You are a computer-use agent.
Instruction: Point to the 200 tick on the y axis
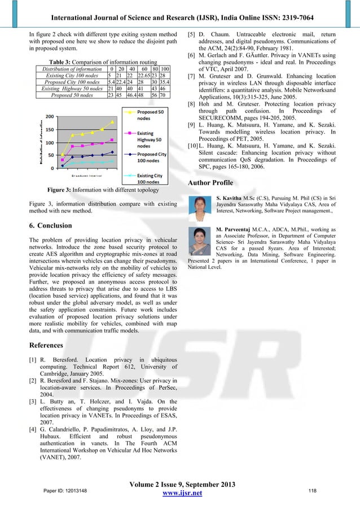[x=50, y=117]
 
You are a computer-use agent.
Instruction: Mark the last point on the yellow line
[x=112, y=121]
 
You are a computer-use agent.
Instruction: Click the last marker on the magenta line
[x=112, y=140]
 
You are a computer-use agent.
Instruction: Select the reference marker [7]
[x=191, y=75]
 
